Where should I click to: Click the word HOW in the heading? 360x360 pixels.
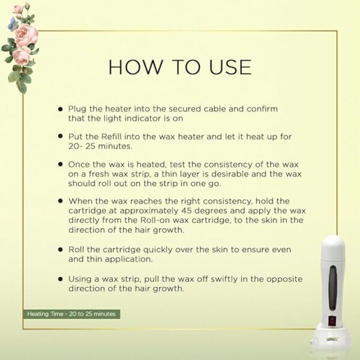click(135, 67)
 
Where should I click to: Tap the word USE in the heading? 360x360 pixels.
click(230, 67)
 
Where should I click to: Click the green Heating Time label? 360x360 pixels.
click(71, 314)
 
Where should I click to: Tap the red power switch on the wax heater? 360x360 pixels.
click(332, 321)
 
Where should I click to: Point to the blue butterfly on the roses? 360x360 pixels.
click(11, 23)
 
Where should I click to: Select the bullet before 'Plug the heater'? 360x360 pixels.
click(61, 109)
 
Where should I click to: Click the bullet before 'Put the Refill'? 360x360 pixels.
click(61, 136)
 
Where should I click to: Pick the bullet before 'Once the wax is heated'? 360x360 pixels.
click(61, 164)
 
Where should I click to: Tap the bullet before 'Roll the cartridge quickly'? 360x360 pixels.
click(61, 250)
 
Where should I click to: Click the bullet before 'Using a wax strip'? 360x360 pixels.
click(61, 279)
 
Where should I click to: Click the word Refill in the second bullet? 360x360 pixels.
click(111, 137)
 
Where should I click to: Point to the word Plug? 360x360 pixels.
click(77, 109)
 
